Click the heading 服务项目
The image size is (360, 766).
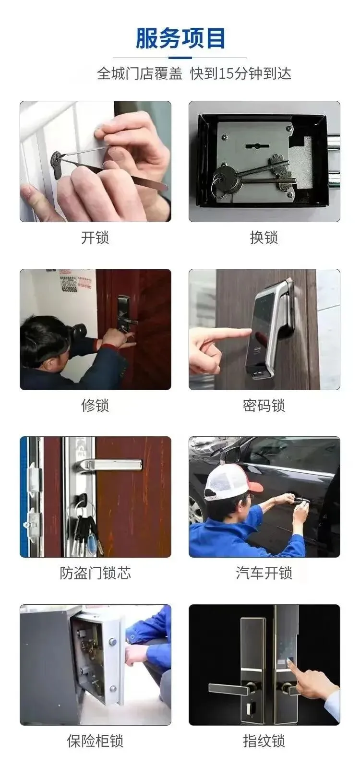(x=180, y=38)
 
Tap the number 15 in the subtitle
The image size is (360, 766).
(x=227, y=73)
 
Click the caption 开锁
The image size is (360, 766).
(x=95, y=237)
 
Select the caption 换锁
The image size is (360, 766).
(x=264, y=237)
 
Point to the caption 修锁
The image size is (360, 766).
(x=95, y=406)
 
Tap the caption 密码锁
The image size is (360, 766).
(x=264, y=406)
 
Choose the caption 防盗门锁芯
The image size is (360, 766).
(x=95, y=574)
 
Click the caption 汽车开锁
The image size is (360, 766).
(x=264, y=574)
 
